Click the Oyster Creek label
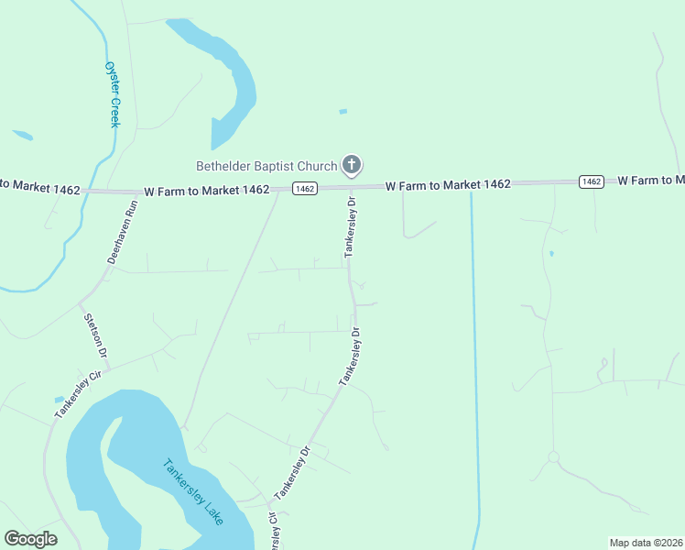coord(112,94)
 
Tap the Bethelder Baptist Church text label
coord(266,166)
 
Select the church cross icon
coord(350,165)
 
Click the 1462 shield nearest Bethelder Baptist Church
coord(305,189)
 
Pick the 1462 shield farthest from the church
coord(592,181)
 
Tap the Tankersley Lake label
coord(193,490)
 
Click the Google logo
coord(30,539)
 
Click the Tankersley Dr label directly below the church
coord(350,225)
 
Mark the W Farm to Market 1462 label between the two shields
coord(448,185)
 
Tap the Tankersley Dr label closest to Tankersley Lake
coord(293,473)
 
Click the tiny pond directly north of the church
coord(343,112)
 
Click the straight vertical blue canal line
coord(474,367)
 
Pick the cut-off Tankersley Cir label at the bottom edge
coord(273,535)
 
